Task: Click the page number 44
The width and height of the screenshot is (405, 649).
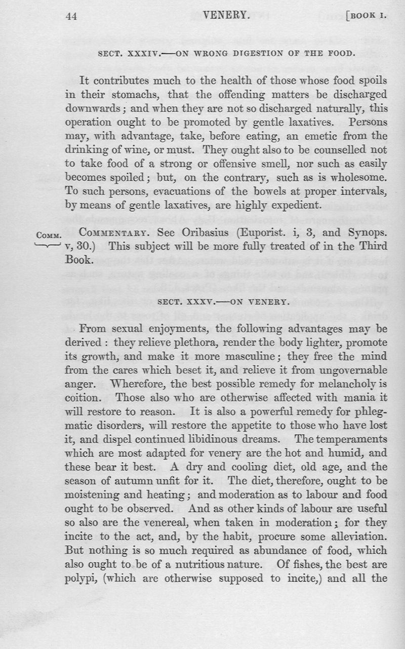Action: pos(71,16)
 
